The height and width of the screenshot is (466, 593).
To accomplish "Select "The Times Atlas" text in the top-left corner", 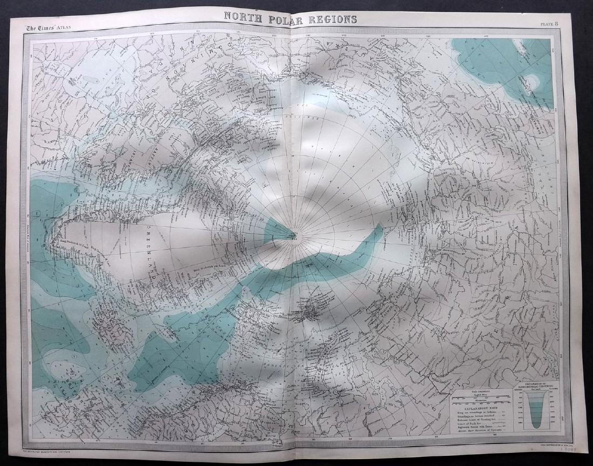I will pos(48,28).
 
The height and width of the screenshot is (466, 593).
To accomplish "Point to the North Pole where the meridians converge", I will pos(294,234).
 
